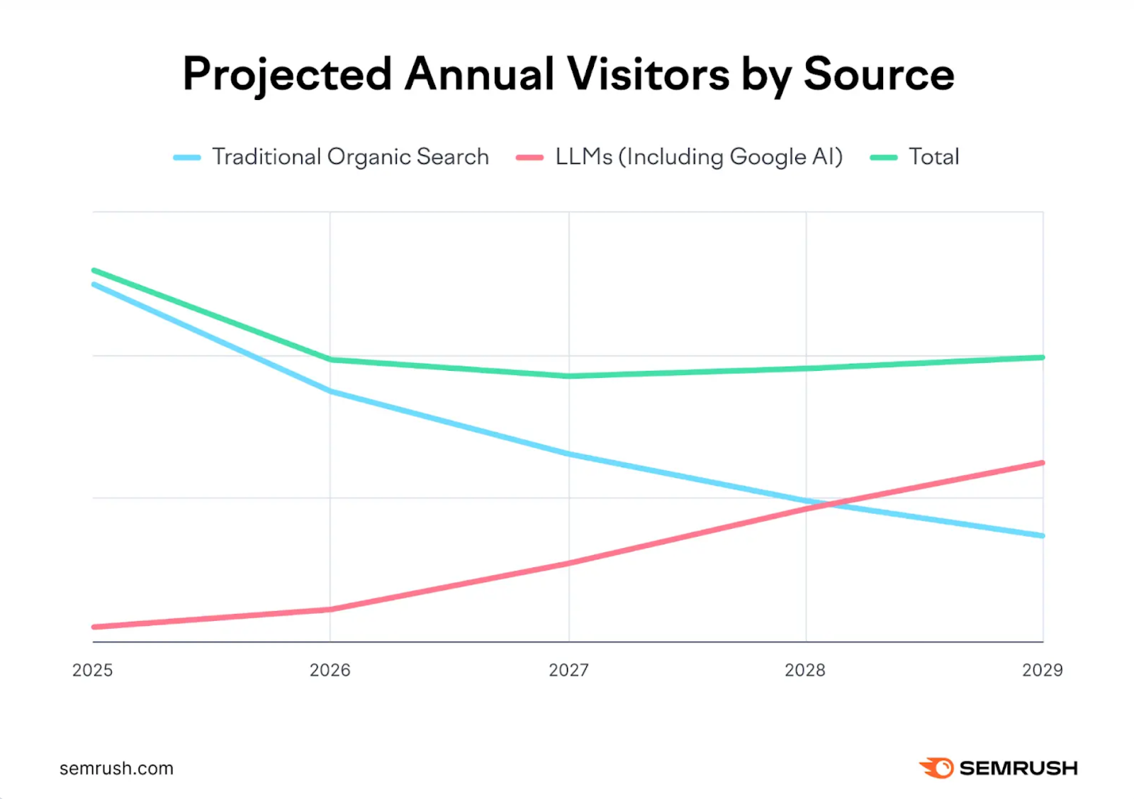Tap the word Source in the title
pos(879,74)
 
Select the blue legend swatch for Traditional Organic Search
pos(187,157)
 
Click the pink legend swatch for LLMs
pos(529,157)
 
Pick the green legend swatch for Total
pos(883,157)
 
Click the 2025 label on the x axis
pos(93,670)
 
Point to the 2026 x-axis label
pos(330,670)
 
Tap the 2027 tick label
pos(568,670)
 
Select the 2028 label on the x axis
pos(805,670)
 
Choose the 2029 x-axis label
pos(1043,670)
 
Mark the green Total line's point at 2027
pos(569,376)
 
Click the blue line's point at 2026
pos(330,391)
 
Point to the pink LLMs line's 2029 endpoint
pos(1043,463)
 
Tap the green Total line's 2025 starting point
pos(94,270)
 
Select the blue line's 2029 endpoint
pos(1043,535)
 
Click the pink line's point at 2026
pos(330,609)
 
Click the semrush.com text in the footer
pos(116,768)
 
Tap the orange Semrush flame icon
pos(936,768)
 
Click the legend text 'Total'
pos(934,157)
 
